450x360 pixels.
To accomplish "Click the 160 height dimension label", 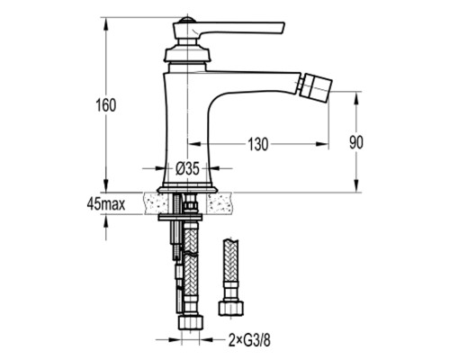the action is point(105,105).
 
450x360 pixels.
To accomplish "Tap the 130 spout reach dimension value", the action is point(258,144).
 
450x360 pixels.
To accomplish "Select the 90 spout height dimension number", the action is point(356,142).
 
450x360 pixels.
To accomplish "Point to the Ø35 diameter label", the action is point(187,169).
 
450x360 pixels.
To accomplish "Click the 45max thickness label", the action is point(106,204).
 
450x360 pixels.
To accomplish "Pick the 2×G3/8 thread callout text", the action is point(249,340).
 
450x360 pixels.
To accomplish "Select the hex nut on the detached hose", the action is point(230,309).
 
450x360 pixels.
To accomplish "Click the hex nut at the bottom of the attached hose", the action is point(191,322).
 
